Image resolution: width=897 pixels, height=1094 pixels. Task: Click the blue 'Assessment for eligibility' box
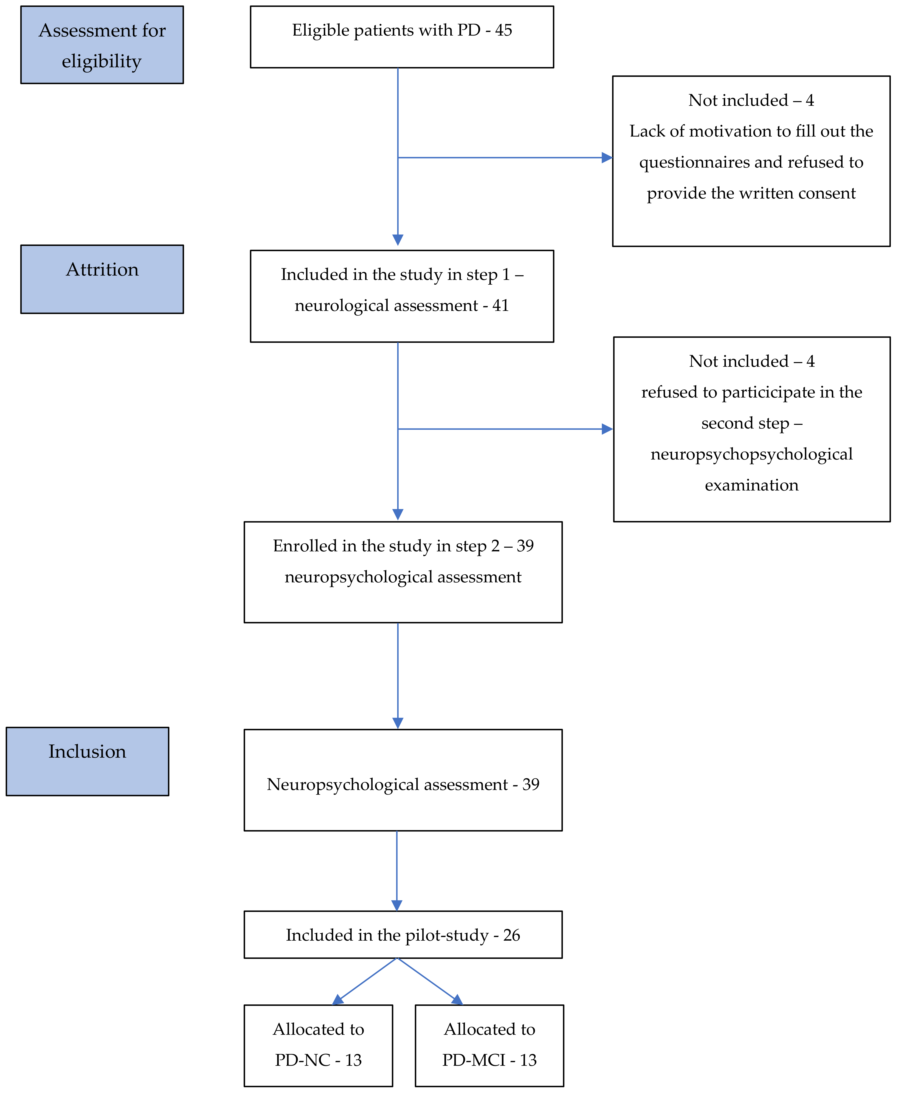pyautogui.click(x=102, y=45)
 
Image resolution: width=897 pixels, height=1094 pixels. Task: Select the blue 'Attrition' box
pyautogui.click(x=102, y=279)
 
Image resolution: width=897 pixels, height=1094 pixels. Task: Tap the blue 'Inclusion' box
pyautogui.click(x=87, y=761)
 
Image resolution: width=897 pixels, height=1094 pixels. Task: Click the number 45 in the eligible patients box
pyautogui.click(x=503, y=31)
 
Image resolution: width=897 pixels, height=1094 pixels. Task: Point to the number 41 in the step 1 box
pyautogui.click(x=500, y=305)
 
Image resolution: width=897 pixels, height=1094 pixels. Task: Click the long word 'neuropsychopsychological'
pyautogui.click(x=751, y=454)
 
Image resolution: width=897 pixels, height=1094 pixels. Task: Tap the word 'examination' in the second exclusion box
pyautogui.click(x=751, y=485)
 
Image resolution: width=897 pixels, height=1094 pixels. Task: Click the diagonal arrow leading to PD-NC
pyautogui.click(x=364, y=981)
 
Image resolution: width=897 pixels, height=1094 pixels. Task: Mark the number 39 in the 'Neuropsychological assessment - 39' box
pyautogui.click(x=531, y=784)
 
